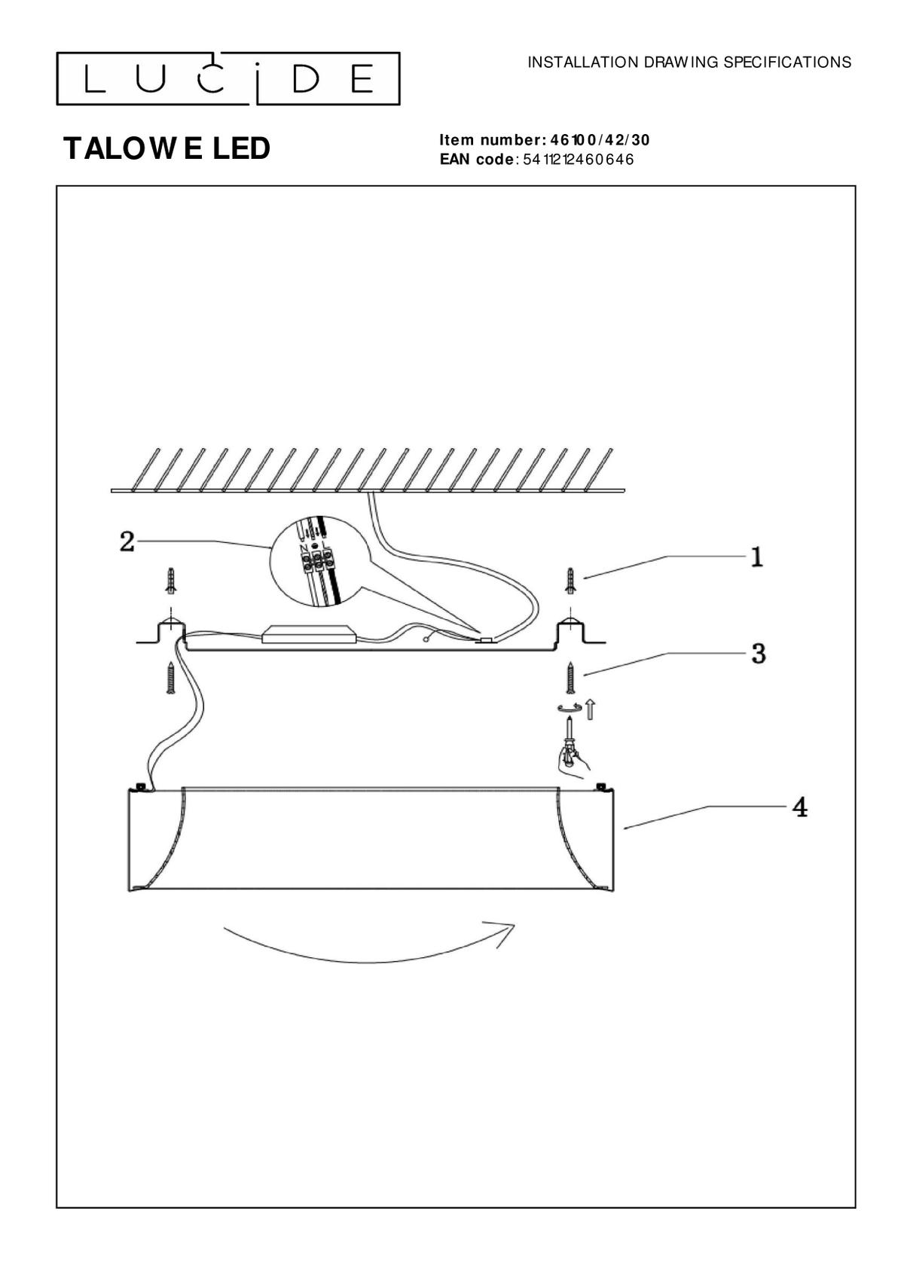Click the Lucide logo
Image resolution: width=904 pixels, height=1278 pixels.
point(228,79)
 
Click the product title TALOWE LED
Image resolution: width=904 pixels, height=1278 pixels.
point(166,149)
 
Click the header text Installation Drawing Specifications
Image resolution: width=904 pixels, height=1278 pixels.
point(689,63)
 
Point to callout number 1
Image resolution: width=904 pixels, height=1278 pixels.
point(756,557)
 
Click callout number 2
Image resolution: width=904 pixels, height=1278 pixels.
point(127,541)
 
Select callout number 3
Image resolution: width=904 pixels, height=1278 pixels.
point(758,654)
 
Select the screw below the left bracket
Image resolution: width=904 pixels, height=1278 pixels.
point(169,678)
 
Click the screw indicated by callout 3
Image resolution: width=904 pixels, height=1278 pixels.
point(570,678)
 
